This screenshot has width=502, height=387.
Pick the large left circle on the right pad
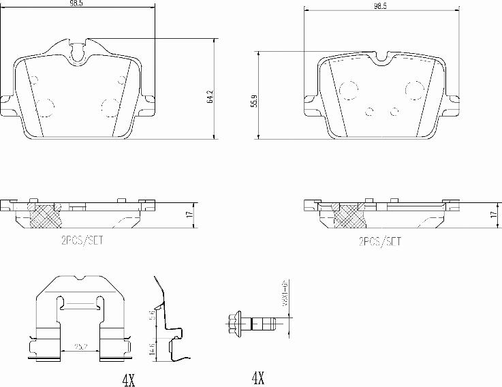(x=349, y=89)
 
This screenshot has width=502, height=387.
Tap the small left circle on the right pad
(x=370, y=111)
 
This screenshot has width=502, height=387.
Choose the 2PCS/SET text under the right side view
(x=379, y=241)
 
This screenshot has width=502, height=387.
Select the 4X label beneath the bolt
(x=257, y=377)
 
